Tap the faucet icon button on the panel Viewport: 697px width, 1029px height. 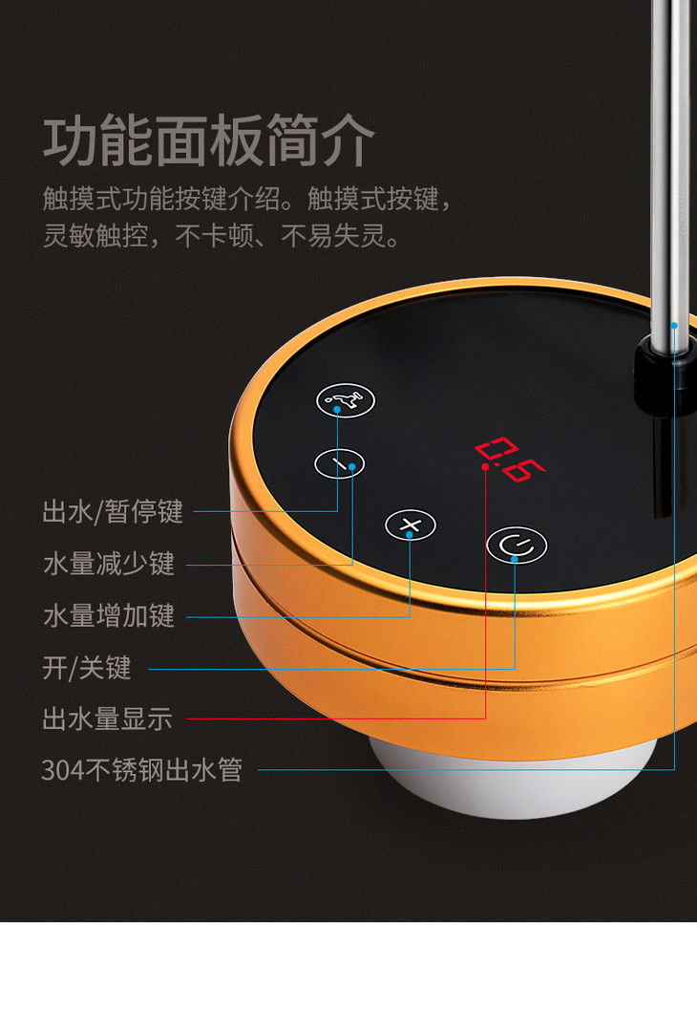point(346,400)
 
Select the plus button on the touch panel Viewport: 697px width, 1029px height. point(411,525)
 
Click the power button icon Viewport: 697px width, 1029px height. point(517,545)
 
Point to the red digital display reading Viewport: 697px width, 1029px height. point(510,459)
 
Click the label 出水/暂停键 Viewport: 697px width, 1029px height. point(113,511)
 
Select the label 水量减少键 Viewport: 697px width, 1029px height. point(109,564)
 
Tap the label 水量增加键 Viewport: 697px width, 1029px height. point(109,615)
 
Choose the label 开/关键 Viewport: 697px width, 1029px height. point(87,668)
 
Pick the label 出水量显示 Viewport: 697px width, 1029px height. point(108,718)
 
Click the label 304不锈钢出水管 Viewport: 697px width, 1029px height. point(141,770)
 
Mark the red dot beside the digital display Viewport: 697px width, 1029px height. point(485,466)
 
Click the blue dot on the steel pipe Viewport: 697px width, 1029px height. point(674,325)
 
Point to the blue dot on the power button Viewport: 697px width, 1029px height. point(515,559)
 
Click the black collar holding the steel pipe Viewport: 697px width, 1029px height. point(663,377)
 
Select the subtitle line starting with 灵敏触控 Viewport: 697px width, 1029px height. point(221,236)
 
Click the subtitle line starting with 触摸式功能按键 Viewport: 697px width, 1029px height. point(247,198)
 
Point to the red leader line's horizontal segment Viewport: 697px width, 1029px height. point(336,718)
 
